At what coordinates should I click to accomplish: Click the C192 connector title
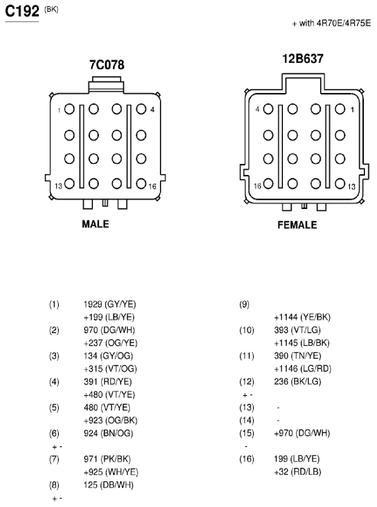22,11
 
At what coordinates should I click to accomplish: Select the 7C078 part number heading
107,64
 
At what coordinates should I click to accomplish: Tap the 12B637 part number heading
303,58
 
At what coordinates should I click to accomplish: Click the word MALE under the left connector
96,224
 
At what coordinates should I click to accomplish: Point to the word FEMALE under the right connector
297,225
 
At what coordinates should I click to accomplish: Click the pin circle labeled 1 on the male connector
70,109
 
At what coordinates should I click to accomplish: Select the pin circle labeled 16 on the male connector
141,184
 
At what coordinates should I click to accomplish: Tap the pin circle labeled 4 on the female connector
268,109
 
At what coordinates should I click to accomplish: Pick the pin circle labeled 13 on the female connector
340,184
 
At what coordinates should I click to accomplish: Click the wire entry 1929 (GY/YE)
110,304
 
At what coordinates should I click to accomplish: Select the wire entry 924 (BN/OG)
108,433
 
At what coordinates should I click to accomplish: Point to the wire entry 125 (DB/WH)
109,485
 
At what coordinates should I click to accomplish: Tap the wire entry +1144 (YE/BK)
302,317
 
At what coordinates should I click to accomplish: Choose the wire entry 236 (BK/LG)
298,382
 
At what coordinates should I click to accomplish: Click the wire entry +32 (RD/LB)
298,471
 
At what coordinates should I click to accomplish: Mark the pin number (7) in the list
54,459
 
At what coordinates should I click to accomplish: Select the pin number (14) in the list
247,420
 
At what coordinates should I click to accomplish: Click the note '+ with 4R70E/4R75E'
332,23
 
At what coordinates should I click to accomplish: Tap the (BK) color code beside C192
51,10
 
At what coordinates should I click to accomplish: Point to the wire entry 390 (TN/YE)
298,356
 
